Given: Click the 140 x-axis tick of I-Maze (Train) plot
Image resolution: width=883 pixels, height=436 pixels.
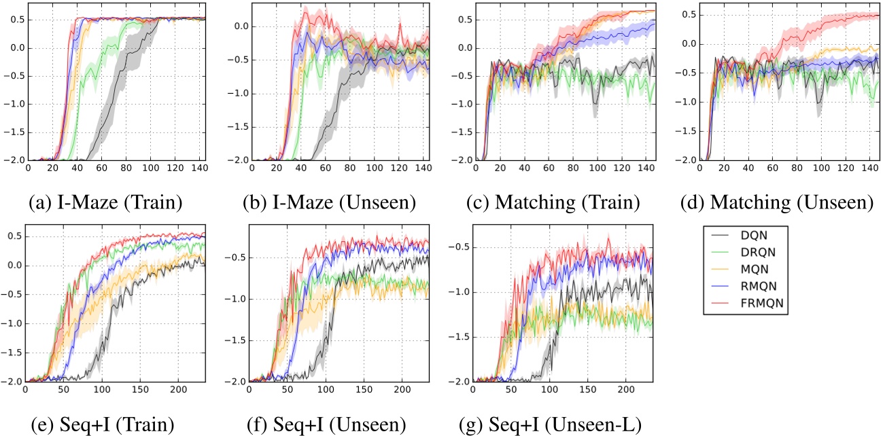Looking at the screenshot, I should coord(198,166).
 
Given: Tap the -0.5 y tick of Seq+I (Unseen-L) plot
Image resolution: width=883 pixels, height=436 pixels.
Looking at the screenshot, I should coord(460,247).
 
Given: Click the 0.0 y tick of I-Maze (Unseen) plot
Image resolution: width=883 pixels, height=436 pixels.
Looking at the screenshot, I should coord(239,27).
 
